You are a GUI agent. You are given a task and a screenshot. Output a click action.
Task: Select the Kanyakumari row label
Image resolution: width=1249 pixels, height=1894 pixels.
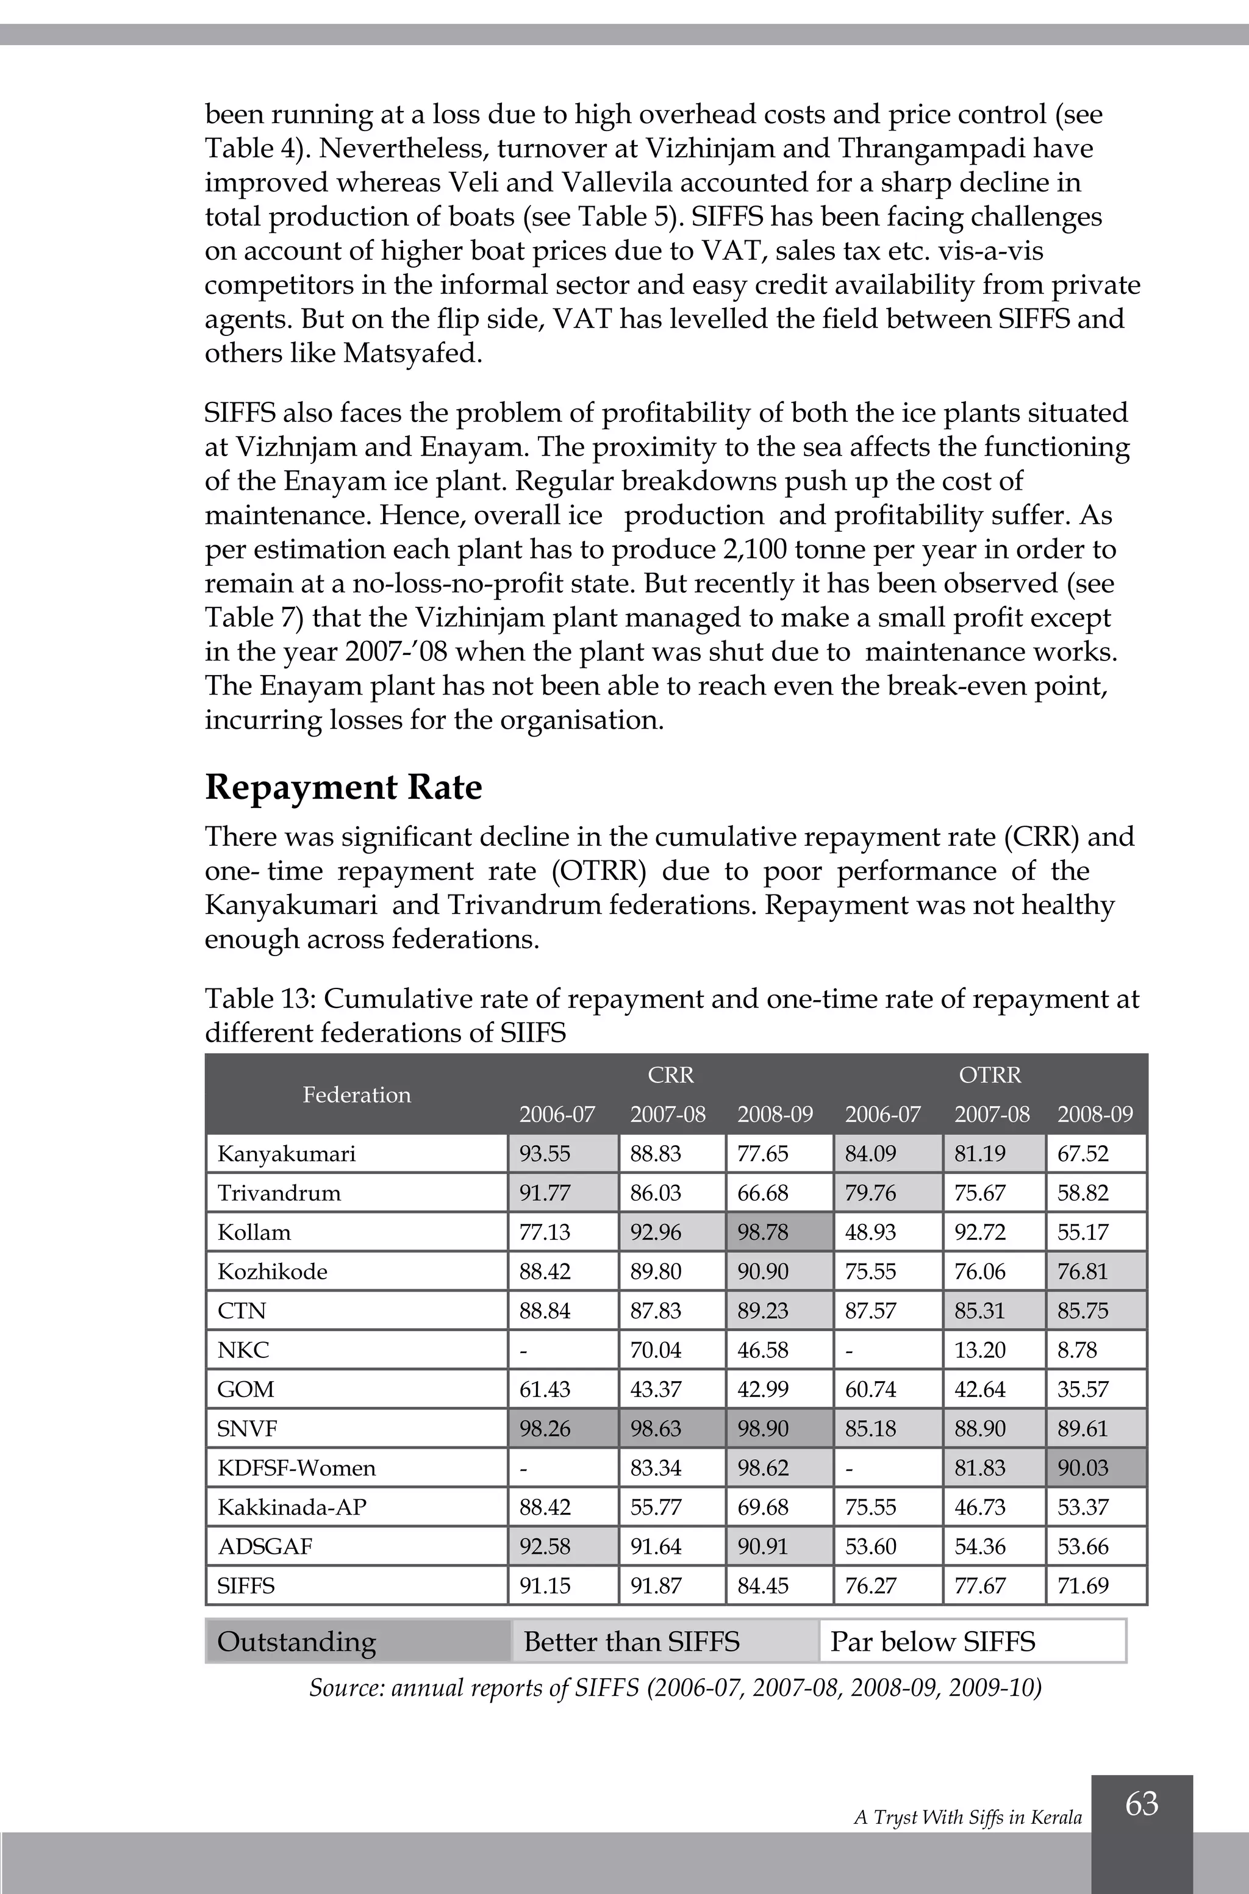pyautogui.click(x=286, y=1153)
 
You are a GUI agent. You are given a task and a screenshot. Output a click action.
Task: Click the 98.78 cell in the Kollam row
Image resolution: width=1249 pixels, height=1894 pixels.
pyautogui.click(x=778, y=1232)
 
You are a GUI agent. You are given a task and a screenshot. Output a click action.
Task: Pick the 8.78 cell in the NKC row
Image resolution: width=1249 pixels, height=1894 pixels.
pyautogui.click(x=1095, y=1350)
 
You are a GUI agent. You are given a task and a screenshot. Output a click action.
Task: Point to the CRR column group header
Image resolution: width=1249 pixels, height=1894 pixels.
pyautogui.click(x=671, y=1075)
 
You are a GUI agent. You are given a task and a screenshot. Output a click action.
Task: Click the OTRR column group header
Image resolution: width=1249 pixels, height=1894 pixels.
pyautogui.click(x=989, y=1075)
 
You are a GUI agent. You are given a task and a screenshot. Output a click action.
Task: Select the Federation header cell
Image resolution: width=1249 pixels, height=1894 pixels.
pyautogui.click(x=356, y=1095)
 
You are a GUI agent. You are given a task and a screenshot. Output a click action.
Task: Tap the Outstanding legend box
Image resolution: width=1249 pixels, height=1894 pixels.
pyautogui.click(x=357, y=1642)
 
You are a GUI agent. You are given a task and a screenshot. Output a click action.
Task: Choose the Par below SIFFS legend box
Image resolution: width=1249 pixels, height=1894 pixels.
pyautogui.click(x=972, y=1642)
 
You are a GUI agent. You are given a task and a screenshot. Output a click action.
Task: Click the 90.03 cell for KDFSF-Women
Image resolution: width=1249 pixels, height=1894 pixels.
pyautogui.click(x=1095, y=1468)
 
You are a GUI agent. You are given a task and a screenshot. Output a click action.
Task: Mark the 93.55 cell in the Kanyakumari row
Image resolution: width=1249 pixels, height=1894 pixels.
pyautogui.click(x=562, y=1153)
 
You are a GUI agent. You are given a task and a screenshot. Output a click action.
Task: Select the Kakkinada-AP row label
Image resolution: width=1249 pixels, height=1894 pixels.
pyautogui.click(x=292, y=1507)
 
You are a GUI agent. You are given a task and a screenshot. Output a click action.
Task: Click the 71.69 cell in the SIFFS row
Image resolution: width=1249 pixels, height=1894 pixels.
pyautogui.click(x=1095, y=1586)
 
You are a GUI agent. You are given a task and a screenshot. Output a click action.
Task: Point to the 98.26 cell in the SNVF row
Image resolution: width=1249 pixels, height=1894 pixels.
pyautogui.click(x=562, y=1428)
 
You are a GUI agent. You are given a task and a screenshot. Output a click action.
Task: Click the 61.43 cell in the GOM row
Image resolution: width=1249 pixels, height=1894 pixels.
pyautogui.click(x=562, y=1389)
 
